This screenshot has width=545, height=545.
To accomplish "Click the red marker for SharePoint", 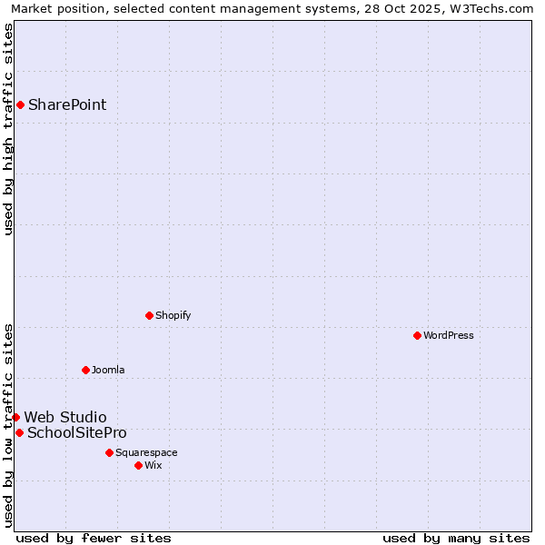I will (x=20, y=104).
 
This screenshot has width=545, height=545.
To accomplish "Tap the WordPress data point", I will (x=417, y=335).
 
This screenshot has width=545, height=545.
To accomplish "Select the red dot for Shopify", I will (x=149, y=315).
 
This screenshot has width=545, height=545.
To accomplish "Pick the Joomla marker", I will (x=85, y=370).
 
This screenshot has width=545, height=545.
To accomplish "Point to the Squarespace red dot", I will (x=109, y=452).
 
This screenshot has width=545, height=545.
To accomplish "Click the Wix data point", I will (x=138, y=465).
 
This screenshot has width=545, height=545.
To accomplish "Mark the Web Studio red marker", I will (x=15, y=417).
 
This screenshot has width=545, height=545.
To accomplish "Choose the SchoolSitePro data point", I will (x=19, y=432).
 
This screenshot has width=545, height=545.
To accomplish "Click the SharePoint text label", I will (x=67, y=104).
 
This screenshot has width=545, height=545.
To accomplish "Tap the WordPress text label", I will (x=449, y=335).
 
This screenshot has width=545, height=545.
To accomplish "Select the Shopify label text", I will (x=173, y=315).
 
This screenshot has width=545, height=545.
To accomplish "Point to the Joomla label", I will (x=108, y=370).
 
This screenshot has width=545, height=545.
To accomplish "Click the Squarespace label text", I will (x=146, y=452).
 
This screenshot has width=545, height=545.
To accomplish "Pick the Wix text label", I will (x=153, y=465).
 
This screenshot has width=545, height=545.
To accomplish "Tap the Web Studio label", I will (x=64, y=417).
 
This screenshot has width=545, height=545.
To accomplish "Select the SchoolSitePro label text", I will (x=77, y=432).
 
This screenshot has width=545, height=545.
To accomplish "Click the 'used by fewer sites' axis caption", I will (x=94, y=538).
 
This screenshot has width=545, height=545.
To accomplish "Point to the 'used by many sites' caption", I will (x=456, y=538).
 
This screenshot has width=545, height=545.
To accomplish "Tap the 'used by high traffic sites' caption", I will (x=8, y=129).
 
